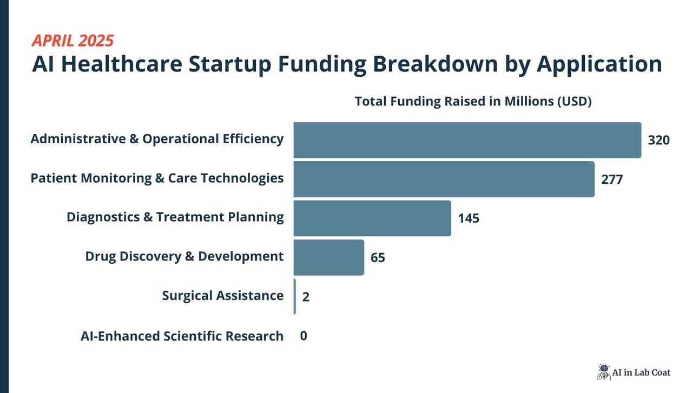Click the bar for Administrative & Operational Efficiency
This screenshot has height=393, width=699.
click(467, 140)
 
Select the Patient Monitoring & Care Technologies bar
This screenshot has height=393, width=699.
click(444, 179)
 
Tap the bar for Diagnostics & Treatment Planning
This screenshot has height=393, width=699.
click(372, 218)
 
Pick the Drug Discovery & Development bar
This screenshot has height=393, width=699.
click(329, 257)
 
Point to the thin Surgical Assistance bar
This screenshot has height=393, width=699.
click(295, 296)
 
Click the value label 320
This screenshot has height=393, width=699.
click(658, 141)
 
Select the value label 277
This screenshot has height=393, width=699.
click(612, 179)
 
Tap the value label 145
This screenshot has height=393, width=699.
click(469, 218)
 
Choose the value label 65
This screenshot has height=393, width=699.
click(378, 258)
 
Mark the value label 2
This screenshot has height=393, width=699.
click(306, 297)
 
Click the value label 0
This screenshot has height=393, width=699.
click(304, 336)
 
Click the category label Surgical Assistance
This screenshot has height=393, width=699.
click(222, 296)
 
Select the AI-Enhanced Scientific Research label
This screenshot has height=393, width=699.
click(182, 336)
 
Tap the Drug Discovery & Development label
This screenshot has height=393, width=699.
click(184, 256)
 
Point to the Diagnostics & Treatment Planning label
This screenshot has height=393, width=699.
click(175, 217)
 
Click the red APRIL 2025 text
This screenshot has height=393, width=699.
click(72, 41)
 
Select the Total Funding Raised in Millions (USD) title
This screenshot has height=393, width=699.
click(473, 101)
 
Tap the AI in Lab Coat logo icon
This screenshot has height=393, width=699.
click(603, 371)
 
